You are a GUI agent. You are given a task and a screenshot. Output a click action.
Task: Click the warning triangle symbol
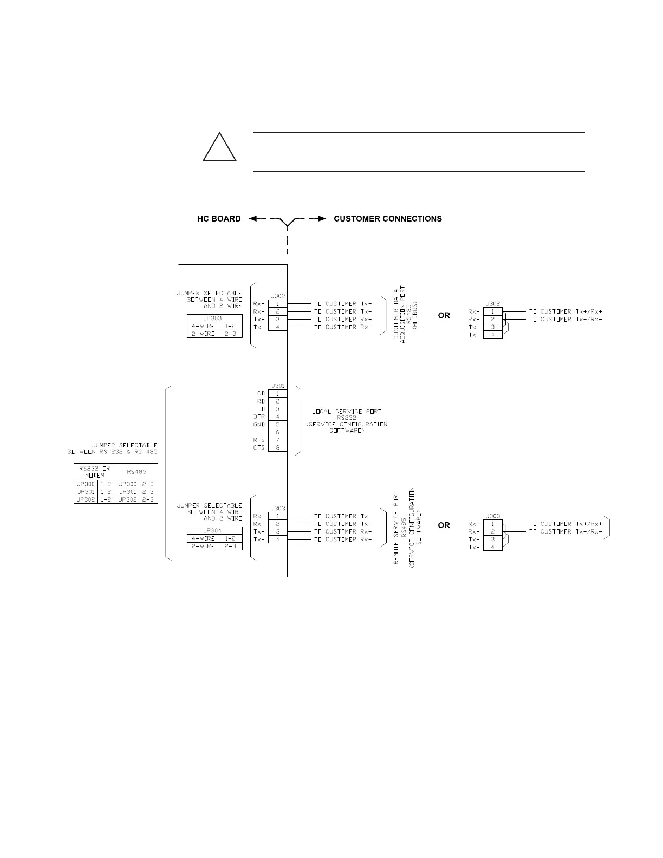[219, 148]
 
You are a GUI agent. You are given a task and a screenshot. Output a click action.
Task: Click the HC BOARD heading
[219, 219]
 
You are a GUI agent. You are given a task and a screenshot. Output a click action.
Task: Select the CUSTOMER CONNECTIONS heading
[388, 219]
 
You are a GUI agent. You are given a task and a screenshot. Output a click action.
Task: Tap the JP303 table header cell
[214, 318]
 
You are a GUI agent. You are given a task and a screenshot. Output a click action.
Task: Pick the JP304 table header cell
[214, 531]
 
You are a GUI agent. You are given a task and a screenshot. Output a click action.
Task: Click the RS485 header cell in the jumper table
[136, 471]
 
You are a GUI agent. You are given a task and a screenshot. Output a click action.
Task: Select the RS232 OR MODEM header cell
[94, 471]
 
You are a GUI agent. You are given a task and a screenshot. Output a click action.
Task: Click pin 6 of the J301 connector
[278, 432]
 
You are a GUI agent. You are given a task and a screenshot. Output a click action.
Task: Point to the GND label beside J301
[259, 425]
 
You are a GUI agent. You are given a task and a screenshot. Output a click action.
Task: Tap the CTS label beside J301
[259, 448]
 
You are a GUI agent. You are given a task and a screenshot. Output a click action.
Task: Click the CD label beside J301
[261, 394]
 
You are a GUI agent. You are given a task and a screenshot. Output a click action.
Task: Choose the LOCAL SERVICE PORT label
[347, 412]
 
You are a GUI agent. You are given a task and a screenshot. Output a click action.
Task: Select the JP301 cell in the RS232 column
[86, 492]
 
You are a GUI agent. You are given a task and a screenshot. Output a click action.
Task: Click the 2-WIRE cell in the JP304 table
[203, 546]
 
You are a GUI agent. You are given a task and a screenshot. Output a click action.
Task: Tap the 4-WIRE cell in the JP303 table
[203, 326]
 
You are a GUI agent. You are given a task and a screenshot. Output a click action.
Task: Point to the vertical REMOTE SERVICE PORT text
[396, 528]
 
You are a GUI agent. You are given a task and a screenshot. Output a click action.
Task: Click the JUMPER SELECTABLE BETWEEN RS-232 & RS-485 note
[113, 448]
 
